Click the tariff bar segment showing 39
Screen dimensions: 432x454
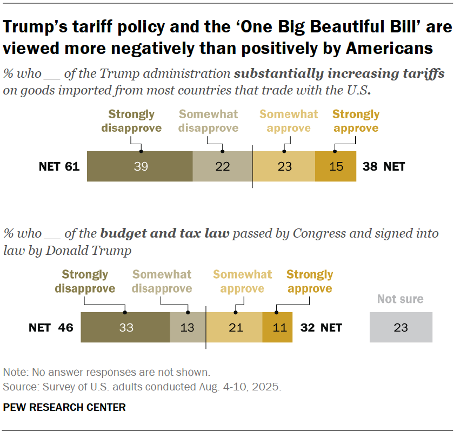pos(140,166)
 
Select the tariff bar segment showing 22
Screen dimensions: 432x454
pos(222,166)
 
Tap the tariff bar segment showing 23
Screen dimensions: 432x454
pos(284,166)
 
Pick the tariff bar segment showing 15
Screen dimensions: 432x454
pos(336,166)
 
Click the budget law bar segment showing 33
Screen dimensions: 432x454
pos(125,327)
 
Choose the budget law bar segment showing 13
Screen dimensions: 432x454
pos(188,327)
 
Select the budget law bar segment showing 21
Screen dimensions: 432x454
pos(235,327)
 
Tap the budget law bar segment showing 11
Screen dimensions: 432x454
pos(277,327)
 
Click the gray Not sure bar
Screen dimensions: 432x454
pos(401,327)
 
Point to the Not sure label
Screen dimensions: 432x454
pos(400,299)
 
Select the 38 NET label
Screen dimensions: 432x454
pos(384,166)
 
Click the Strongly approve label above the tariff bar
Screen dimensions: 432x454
pos(356,121)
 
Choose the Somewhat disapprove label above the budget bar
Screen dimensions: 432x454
pos(162,281)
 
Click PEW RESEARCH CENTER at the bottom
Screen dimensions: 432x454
pos(64,407)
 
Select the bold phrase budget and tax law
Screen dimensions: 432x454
pos(165,234)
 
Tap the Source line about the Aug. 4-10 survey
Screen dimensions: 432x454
pos(142,387)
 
